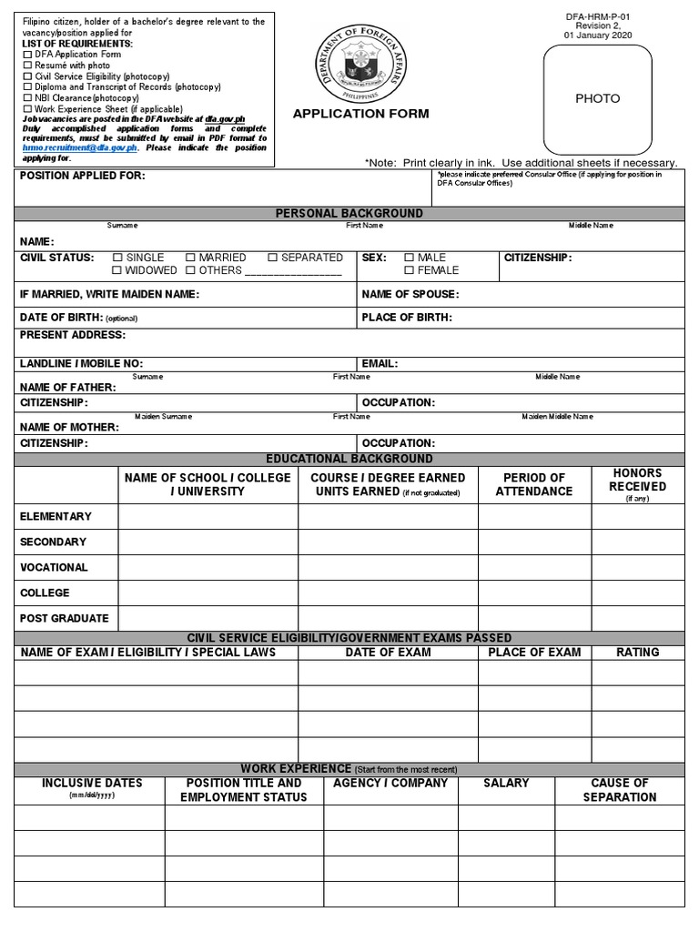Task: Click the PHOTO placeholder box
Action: pyautogui.click(x=597, y=98)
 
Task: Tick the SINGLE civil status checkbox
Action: pyautogui.click(x=116, y=258)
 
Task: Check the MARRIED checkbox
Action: pyautogui.click(x=190, y=258)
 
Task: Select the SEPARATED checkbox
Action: pyautogui.click(x=272, y=258)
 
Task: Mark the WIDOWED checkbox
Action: pyautogui.click(x=116, y=271)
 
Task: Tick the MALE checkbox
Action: pyautogui.click(x=409, y=258)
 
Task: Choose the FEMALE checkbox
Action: pyautogui.click(x=409, y=271)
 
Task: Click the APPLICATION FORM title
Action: pyautogui.click(x=360, y=115)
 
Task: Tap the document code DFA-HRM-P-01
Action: pyautogui.click(x=597, y=15)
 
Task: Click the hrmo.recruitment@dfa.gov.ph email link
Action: pyautogui.click(x=60, y=147)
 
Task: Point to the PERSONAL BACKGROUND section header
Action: pyautogui.click(x=349, y=213)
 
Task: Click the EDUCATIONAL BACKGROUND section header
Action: pyautogui.click(x=349, y=459)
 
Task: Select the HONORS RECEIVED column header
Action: pyautogui.click(x=637, y=480)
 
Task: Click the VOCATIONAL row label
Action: pyautogui.click(x=54, y=567)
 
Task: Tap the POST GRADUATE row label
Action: pyautogui.click(x=64, y=618)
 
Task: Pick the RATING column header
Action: pyautogui.click(x=637, y=652)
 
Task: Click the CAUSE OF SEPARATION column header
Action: pyautogui.click(x=619, y=790)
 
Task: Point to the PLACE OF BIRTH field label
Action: pyautogui.click(x=406, y=318)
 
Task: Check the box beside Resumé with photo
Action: pyautogui.click(x=26, y=66)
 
